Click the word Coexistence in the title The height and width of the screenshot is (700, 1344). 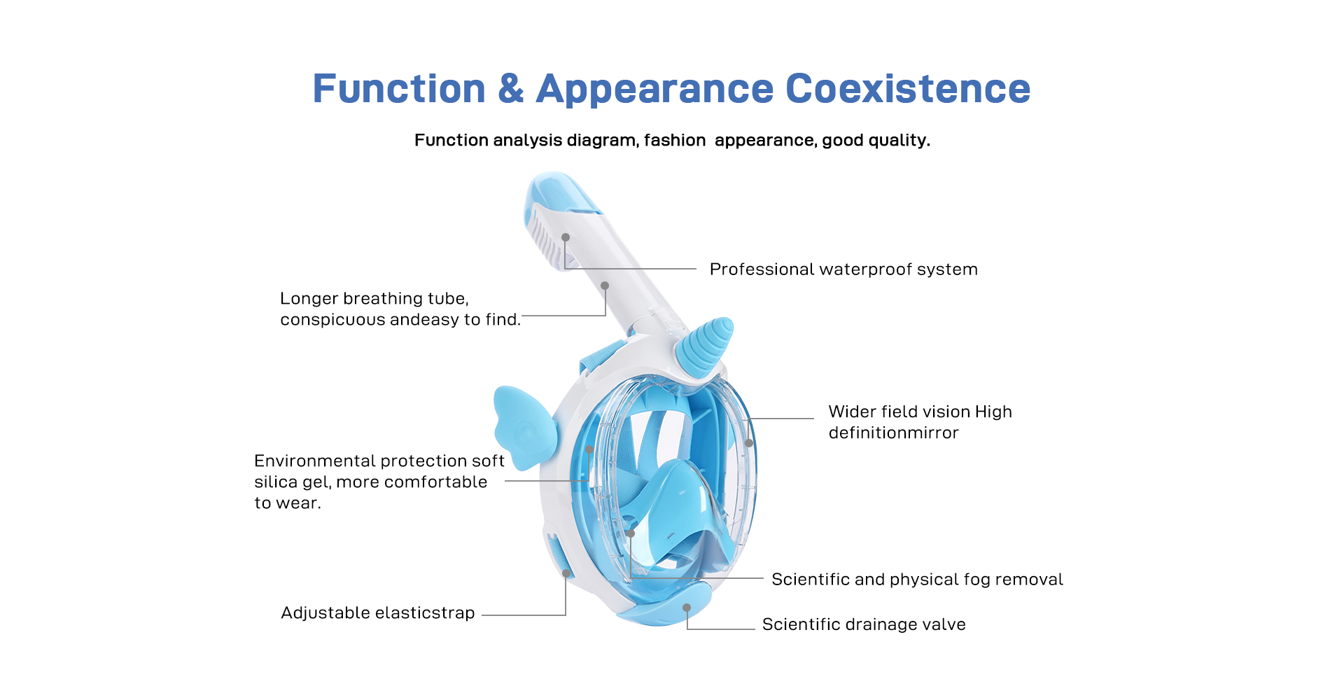[x=908, y=89]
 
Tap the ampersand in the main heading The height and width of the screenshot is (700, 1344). [x=511, y=89]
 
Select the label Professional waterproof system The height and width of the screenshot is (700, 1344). [x=843, y=269]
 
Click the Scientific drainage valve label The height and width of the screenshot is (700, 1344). [x=864, y=624]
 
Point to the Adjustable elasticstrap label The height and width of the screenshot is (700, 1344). [x=378, y=613]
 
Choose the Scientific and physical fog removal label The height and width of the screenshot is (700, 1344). [x=917, y=580]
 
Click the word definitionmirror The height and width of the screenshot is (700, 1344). [x=893, y=433]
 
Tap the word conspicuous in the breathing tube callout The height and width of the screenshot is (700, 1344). [x=332, y=320]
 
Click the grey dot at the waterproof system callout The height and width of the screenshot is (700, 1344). [x=566, y=237]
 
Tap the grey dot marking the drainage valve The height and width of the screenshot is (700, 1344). [x=687, y=608]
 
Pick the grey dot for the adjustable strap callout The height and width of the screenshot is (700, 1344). [x=566, y=573]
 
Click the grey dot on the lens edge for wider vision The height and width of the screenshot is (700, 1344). [x=749, y=443]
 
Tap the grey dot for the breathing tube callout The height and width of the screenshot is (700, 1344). [x=605, y=286]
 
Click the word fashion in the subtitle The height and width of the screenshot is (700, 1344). [x=675, y=140]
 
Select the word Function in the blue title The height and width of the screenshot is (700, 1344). [x=399, y=89]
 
